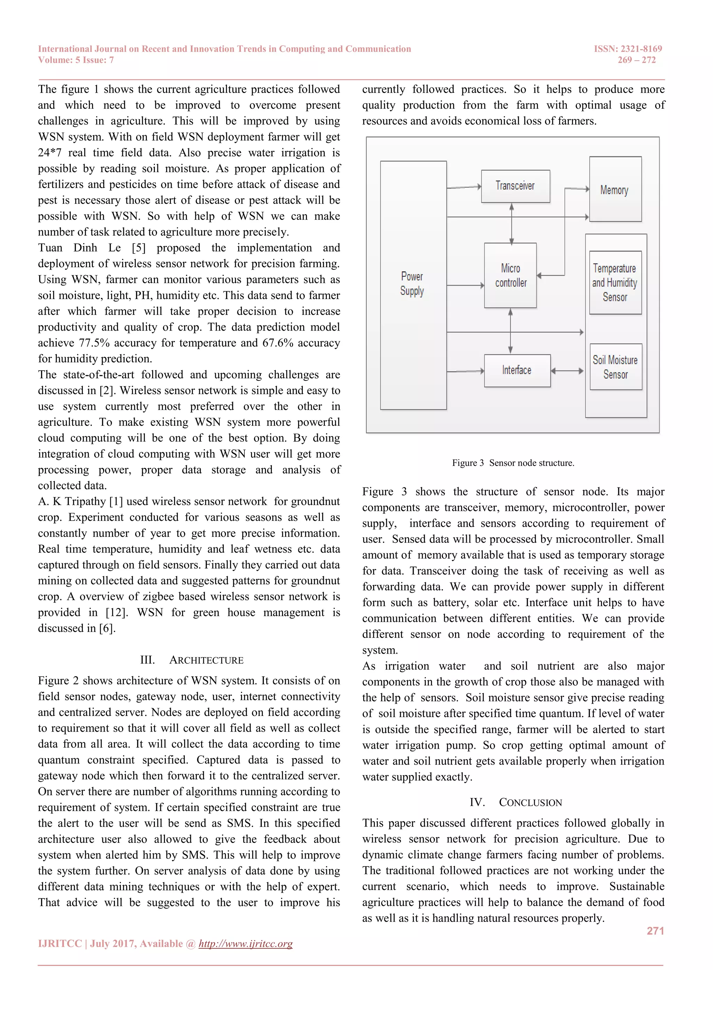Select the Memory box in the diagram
point(615,190)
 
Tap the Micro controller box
point(510,276)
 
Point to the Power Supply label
point(412,284)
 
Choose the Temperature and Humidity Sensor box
point(615,283)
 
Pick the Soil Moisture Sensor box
point(616,367)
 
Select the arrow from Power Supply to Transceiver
point(464,187)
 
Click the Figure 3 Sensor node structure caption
point(513,463)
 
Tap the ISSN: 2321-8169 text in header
point(628,49)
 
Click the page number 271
point(655,931)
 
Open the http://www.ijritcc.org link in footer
point(245,944)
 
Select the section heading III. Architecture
point(191,660)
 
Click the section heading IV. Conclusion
point(516,802)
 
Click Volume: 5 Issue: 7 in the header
point(76,60)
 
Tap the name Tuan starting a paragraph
point(50,248)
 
